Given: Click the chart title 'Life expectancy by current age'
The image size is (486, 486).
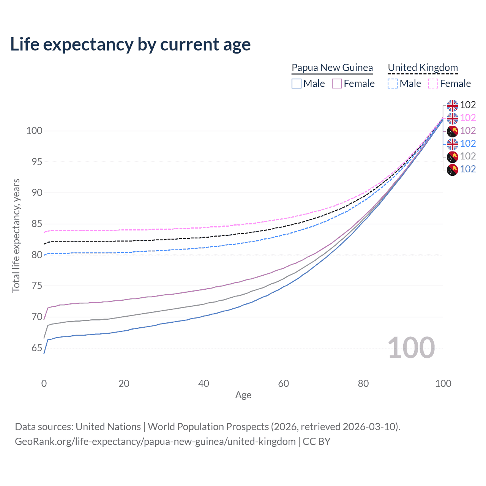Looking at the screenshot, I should pyautogui.click(x=130, y=44).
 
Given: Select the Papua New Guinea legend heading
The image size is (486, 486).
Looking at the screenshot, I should pyautogui.click(x=332, y=68).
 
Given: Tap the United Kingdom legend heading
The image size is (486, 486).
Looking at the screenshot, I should pyautogui.click(x=423, y=68).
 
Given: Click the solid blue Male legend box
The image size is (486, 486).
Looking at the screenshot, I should pyautogui.click(x=297, y=84).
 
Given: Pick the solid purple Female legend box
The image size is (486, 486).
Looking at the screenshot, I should pyautogui.click(x=337, y=84).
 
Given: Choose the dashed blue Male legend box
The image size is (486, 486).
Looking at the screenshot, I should pyautogui.click(x=393, y=84).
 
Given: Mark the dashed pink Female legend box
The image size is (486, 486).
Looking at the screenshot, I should pyautogui.click(x=433, y=84).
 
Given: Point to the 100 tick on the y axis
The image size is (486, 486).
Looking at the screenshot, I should pyautogui.click(x=34, y=131).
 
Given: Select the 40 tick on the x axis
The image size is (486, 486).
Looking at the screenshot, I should pyautogui.click(x=204, y=383).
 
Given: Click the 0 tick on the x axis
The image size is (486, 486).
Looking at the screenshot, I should pyautogui.click(x=44, y=383).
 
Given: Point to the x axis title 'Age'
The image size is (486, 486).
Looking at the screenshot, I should pyautogui.click(x=243, y=395).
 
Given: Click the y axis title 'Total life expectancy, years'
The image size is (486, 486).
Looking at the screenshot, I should pyautogui.click(x=16, y=236).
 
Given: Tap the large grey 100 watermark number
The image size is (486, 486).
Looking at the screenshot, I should pyautogui.click(x=411, y=348).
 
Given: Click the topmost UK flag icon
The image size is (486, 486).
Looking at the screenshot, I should pyautogui.click(x=452, y=106).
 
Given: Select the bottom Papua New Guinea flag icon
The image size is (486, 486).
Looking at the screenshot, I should pyautogui.click(x=452, y=169).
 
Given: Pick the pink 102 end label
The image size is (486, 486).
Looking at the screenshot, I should pyautogui.click(x=468, y=118).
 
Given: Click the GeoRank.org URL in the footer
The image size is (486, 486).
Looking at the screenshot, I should pyautogui.click(x=155, y=442).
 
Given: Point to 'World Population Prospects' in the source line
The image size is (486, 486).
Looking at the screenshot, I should pyautogui.click(x=208, y=427).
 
